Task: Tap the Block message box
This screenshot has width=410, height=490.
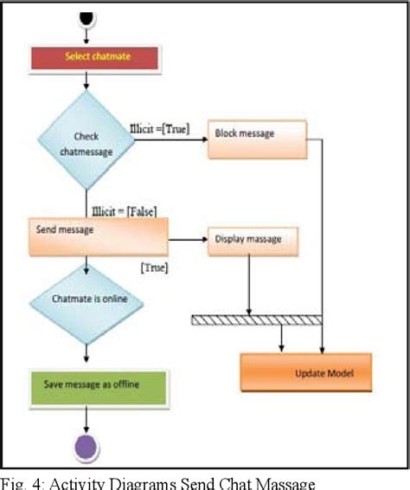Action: tap(257, 140)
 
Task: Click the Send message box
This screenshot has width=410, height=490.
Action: tap(97, 237)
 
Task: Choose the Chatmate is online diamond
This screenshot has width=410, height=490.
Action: tap(86, 301)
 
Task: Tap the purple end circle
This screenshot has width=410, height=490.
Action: tap(86, 448)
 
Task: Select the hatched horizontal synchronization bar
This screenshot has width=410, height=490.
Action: tap(256, 319)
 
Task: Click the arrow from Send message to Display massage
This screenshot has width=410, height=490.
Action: tap(187, 239)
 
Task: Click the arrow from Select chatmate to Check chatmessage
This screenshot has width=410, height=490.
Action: tap(86, 81)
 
